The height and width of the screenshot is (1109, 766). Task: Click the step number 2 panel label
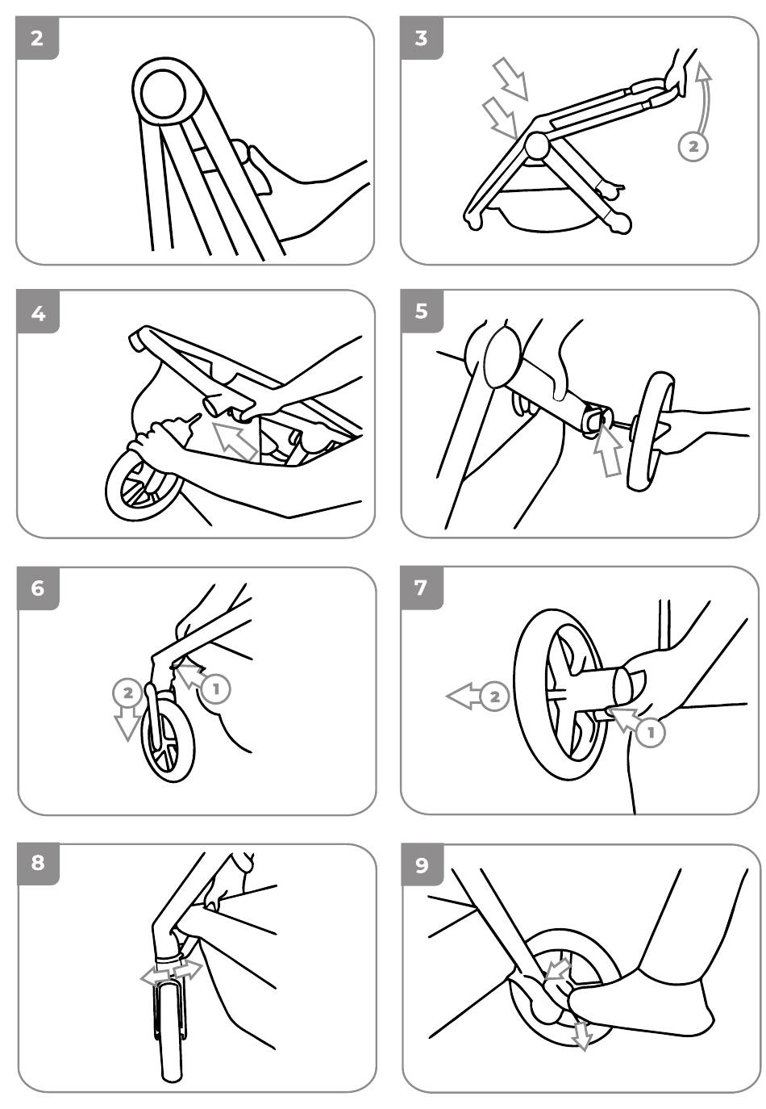click(x=38, y=38)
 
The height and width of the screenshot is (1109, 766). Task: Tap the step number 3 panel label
click(x=422, y=38)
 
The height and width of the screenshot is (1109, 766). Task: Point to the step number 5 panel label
click(x=422, y=312)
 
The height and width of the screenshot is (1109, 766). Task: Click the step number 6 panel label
click(x=38, y=588)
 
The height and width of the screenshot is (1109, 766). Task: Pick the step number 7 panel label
click(x=422, y=588)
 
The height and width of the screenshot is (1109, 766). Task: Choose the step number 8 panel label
click(x=38, y=864)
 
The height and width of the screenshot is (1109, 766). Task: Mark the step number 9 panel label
click(x=422, y=864)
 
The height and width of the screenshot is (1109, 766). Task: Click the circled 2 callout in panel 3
click(x=693, y=146)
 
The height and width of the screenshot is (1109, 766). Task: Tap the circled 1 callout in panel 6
click(x=215, y=688)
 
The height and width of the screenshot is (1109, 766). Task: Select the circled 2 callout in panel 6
click(x=127, y=692)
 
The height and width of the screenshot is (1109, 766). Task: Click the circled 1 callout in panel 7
click(x=651, y=732)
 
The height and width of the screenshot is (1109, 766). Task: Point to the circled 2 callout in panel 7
click(x=495, y=696)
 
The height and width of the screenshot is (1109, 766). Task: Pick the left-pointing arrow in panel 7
click(x=463, y=696)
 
